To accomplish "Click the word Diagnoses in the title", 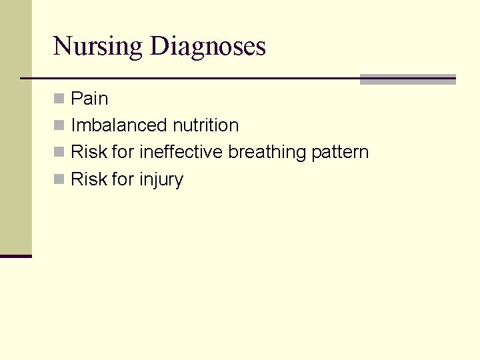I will tap(208, 47).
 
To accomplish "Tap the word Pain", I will tap(89, 99).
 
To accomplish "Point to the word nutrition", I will tap(205, 125).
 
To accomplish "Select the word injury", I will tap(161, 180).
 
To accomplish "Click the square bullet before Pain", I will tap(59, 99).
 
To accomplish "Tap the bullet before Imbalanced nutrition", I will tap(59, 125).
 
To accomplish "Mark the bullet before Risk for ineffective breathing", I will tap(59, 152).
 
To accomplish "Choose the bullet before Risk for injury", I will tap(59, 179).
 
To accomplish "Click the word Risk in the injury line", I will tap(89, 179).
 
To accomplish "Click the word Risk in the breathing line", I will tap(89, 152).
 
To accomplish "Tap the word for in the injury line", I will tap(123, 179).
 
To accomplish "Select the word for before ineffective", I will tap(123, 152).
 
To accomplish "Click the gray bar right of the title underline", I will tap(407, 79).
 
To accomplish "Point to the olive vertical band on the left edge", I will tap(15, 127).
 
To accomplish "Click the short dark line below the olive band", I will tap(15, 256).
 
